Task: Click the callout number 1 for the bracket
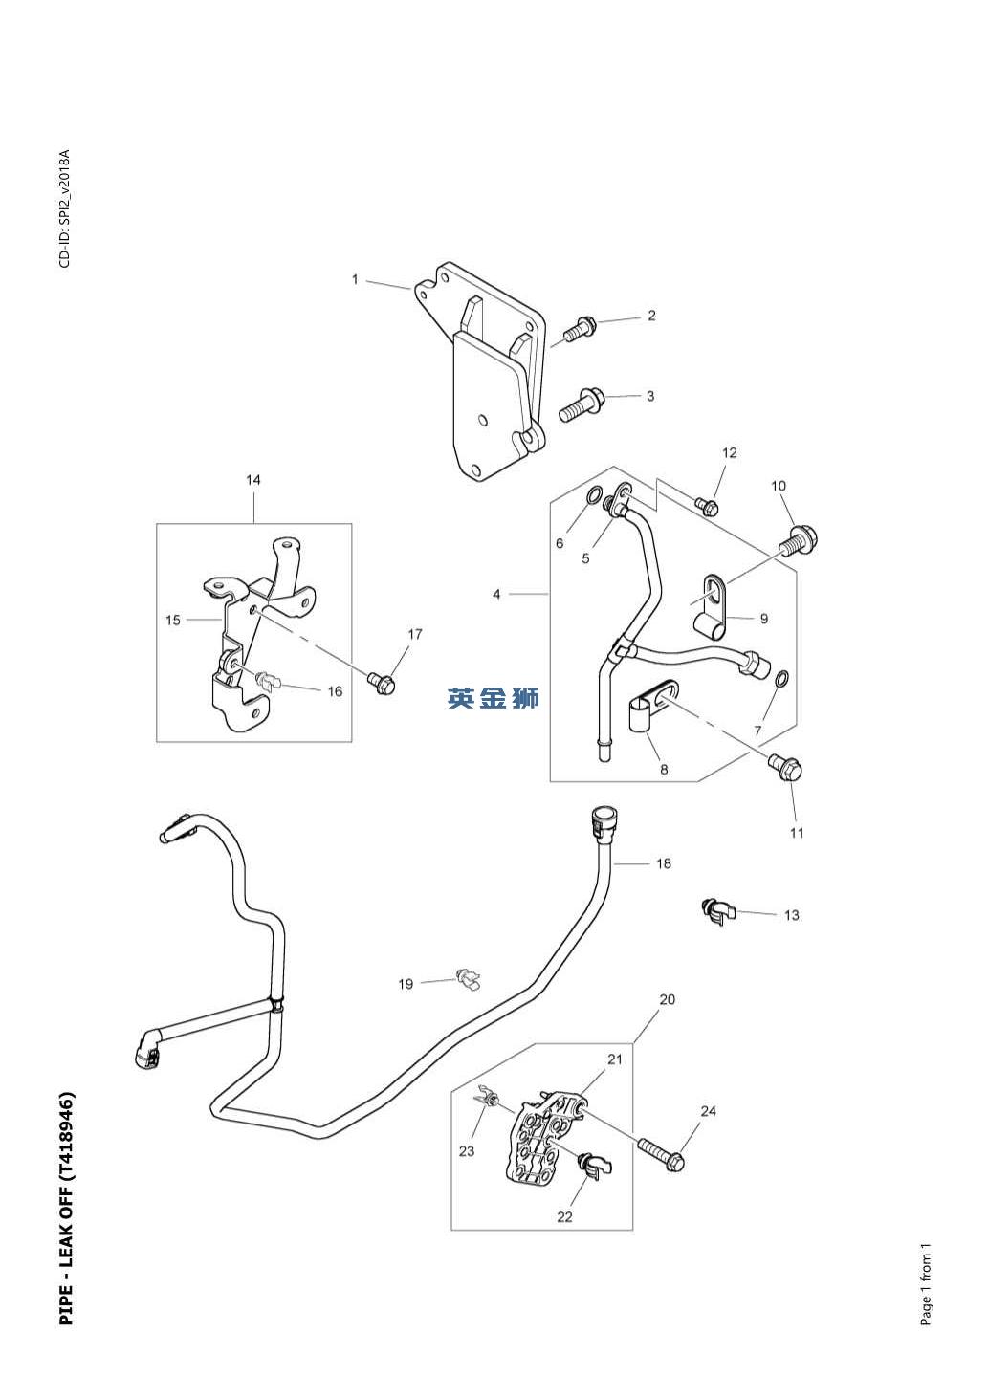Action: coord(355,279)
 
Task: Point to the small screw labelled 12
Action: coord(707,504)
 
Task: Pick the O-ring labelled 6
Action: coord(594,496)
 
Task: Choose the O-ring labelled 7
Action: coord(781,678)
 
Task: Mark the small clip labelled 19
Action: coord(468,978)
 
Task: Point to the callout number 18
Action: coord(663,863)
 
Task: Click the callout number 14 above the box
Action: coord(253,480)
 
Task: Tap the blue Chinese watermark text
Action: coord(493,698)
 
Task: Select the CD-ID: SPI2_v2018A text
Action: coord(64,208)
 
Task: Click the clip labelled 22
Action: coord(595,1166)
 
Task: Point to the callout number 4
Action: coord(496,594)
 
